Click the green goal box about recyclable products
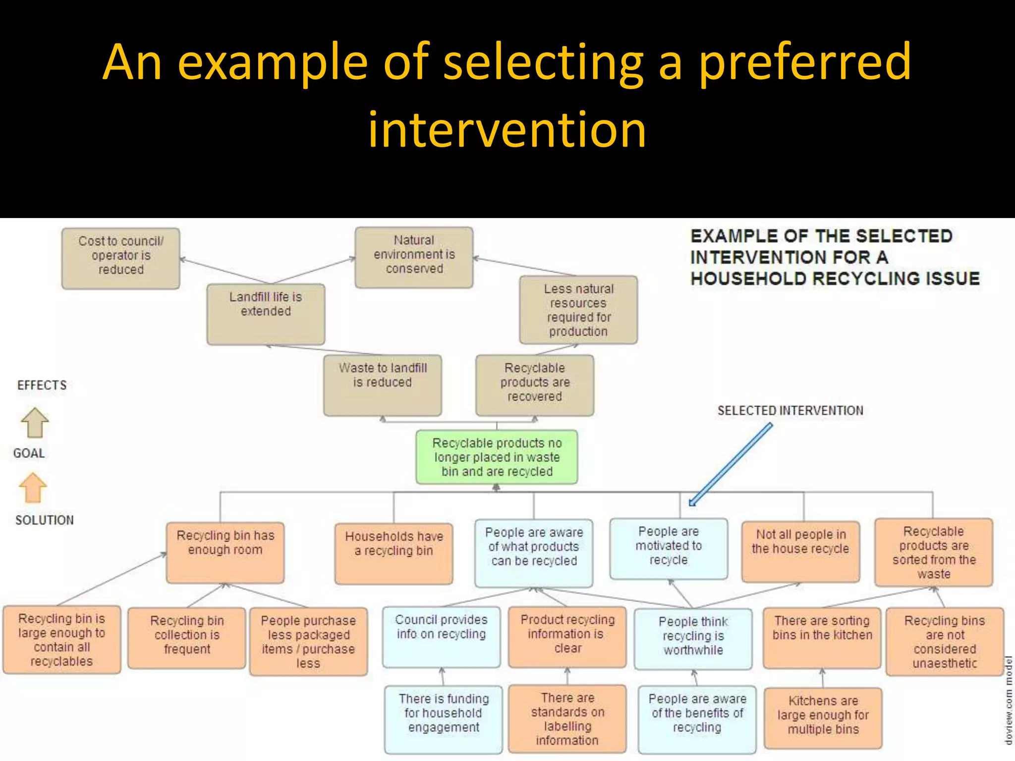497,457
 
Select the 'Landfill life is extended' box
266,314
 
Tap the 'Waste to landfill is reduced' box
383,385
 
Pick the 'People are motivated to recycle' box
669,548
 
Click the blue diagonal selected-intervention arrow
731,464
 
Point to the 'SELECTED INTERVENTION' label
790,411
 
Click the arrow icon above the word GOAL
35,423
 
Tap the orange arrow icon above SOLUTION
33,488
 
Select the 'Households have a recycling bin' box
394,553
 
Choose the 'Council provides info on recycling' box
441,637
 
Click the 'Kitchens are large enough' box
823,717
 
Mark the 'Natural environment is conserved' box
414,257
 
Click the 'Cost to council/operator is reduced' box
121,258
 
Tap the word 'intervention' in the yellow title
507,130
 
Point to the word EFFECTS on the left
42,385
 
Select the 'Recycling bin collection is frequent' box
187,638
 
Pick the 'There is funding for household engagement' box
444,719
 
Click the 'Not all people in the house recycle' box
800,551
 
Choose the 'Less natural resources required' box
578,310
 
